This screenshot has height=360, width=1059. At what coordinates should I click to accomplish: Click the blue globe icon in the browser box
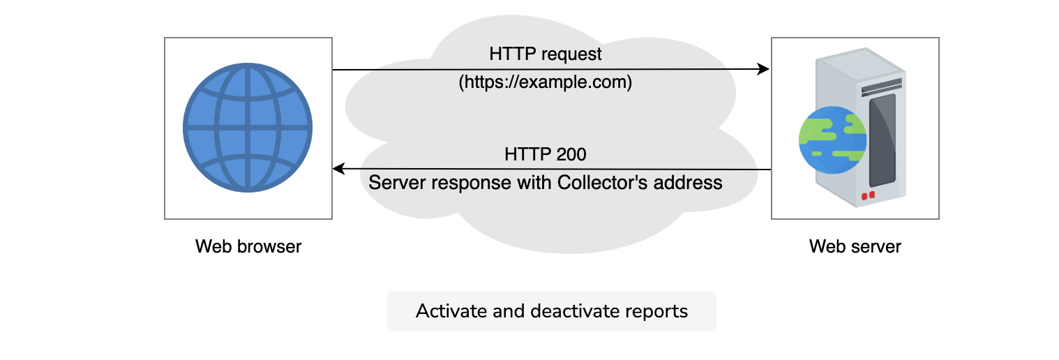tap(247, 128)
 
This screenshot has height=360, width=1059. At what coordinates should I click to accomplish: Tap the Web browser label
tap(248, 246)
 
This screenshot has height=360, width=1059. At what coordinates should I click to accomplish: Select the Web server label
tap(855, 246)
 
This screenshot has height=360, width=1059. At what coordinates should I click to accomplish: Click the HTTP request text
tap(545, 54)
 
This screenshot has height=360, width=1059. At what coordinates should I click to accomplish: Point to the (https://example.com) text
tap(545, 82)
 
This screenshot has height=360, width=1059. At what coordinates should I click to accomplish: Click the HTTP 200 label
tap(545, 154)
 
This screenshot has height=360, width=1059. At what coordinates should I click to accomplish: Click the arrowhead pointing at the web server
tap(763, 69)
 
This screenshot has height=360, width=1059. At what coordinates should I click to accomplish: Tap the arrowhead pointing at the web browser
tap(339, 168)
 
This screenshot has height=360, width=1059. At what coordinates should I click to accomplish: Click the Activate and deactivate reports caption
tap(552, 311)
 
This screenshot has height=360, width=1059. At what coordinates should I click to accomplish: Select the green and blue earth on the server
tap(832, 140)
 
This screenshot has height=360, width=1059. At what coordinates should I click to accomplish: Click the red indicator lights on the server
tap(868, 195)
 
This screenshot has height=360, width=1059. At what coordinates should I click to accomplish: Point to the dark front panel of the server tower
tap(882, 140)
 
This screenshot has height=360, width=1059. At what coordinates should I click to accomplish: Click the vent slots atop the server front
tap(881, 87)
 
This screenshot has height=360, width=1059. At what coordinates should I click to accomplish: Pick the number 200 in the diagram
tap(571, 154)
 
